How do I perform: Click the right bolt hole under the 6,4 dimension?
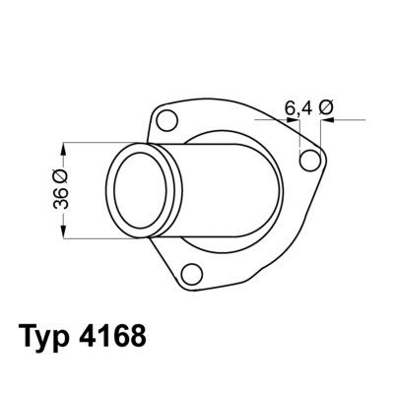[x=309, y=161]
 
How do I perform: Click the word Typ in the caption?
[x=45, y=337]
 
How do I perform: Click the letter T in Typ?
[x=27, y=337]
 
